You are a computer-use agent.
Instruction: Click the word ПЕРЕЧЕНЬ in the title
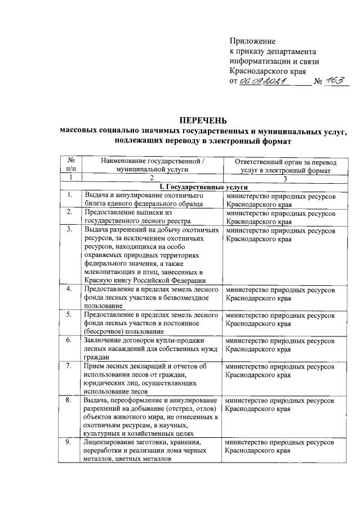point(203,120)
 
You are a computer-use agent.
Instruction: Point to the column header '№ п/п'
point(71,165)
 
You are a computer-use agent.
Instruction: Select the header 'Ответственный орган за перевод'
point(284,161)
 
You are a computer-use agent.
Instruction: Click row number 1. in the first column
point(69,195)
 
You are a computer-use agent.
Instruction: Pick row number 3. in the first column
point(69,230)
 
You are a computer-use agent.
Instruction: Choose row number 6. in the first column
point(69,340)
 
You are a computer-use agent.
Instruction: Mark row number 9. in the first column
point(69,443)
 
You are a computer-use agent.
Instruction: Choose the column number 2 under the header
point(152,178)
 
